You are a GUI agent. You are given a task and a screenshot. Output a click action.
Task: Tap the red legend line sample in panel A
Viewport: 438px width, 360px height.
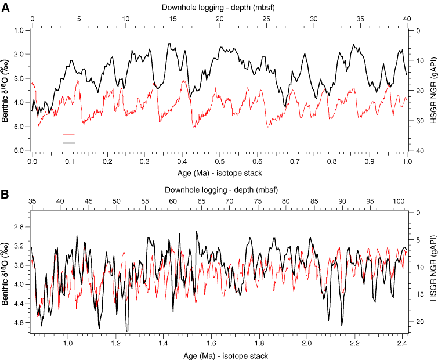pyautogui.click(x=69, y=134)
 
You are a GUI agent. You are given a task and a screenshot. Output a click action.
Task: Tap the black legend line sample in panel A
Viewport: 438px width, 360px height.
pyautogui.click(x=69, y=142)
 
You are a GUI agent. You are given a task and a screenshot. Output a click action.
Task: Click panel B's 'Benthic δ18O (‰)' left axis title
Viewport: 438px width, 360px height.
pyautogui.click(x=6, y=273)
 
